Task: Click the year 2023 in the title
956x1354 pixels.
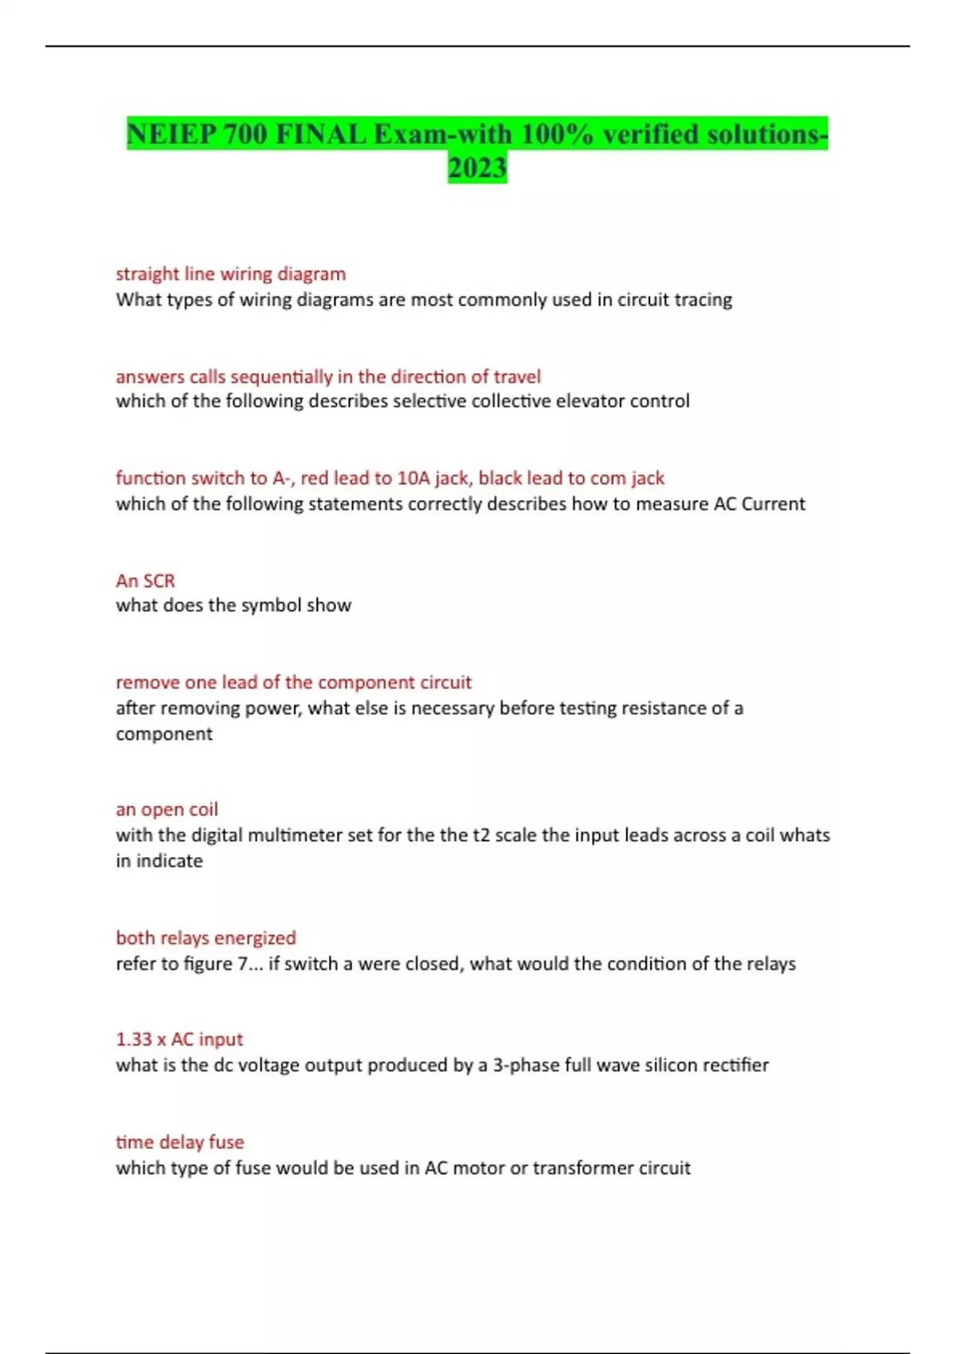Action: coord(477,168)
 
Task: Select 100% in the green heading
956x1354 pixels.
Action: coord(557,134)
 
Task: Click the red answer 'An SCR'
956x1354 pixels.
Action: coord(145,581)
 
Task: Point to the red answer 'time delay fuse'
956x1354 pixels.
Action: coord(180,1141)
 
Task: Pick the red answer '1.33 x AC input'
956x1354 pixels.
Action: coord(179,1039)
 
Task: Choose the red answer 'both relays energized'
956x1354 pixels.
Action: coord(206,937)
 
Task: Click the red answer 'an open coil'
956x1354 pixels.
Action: coord(167,809)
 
